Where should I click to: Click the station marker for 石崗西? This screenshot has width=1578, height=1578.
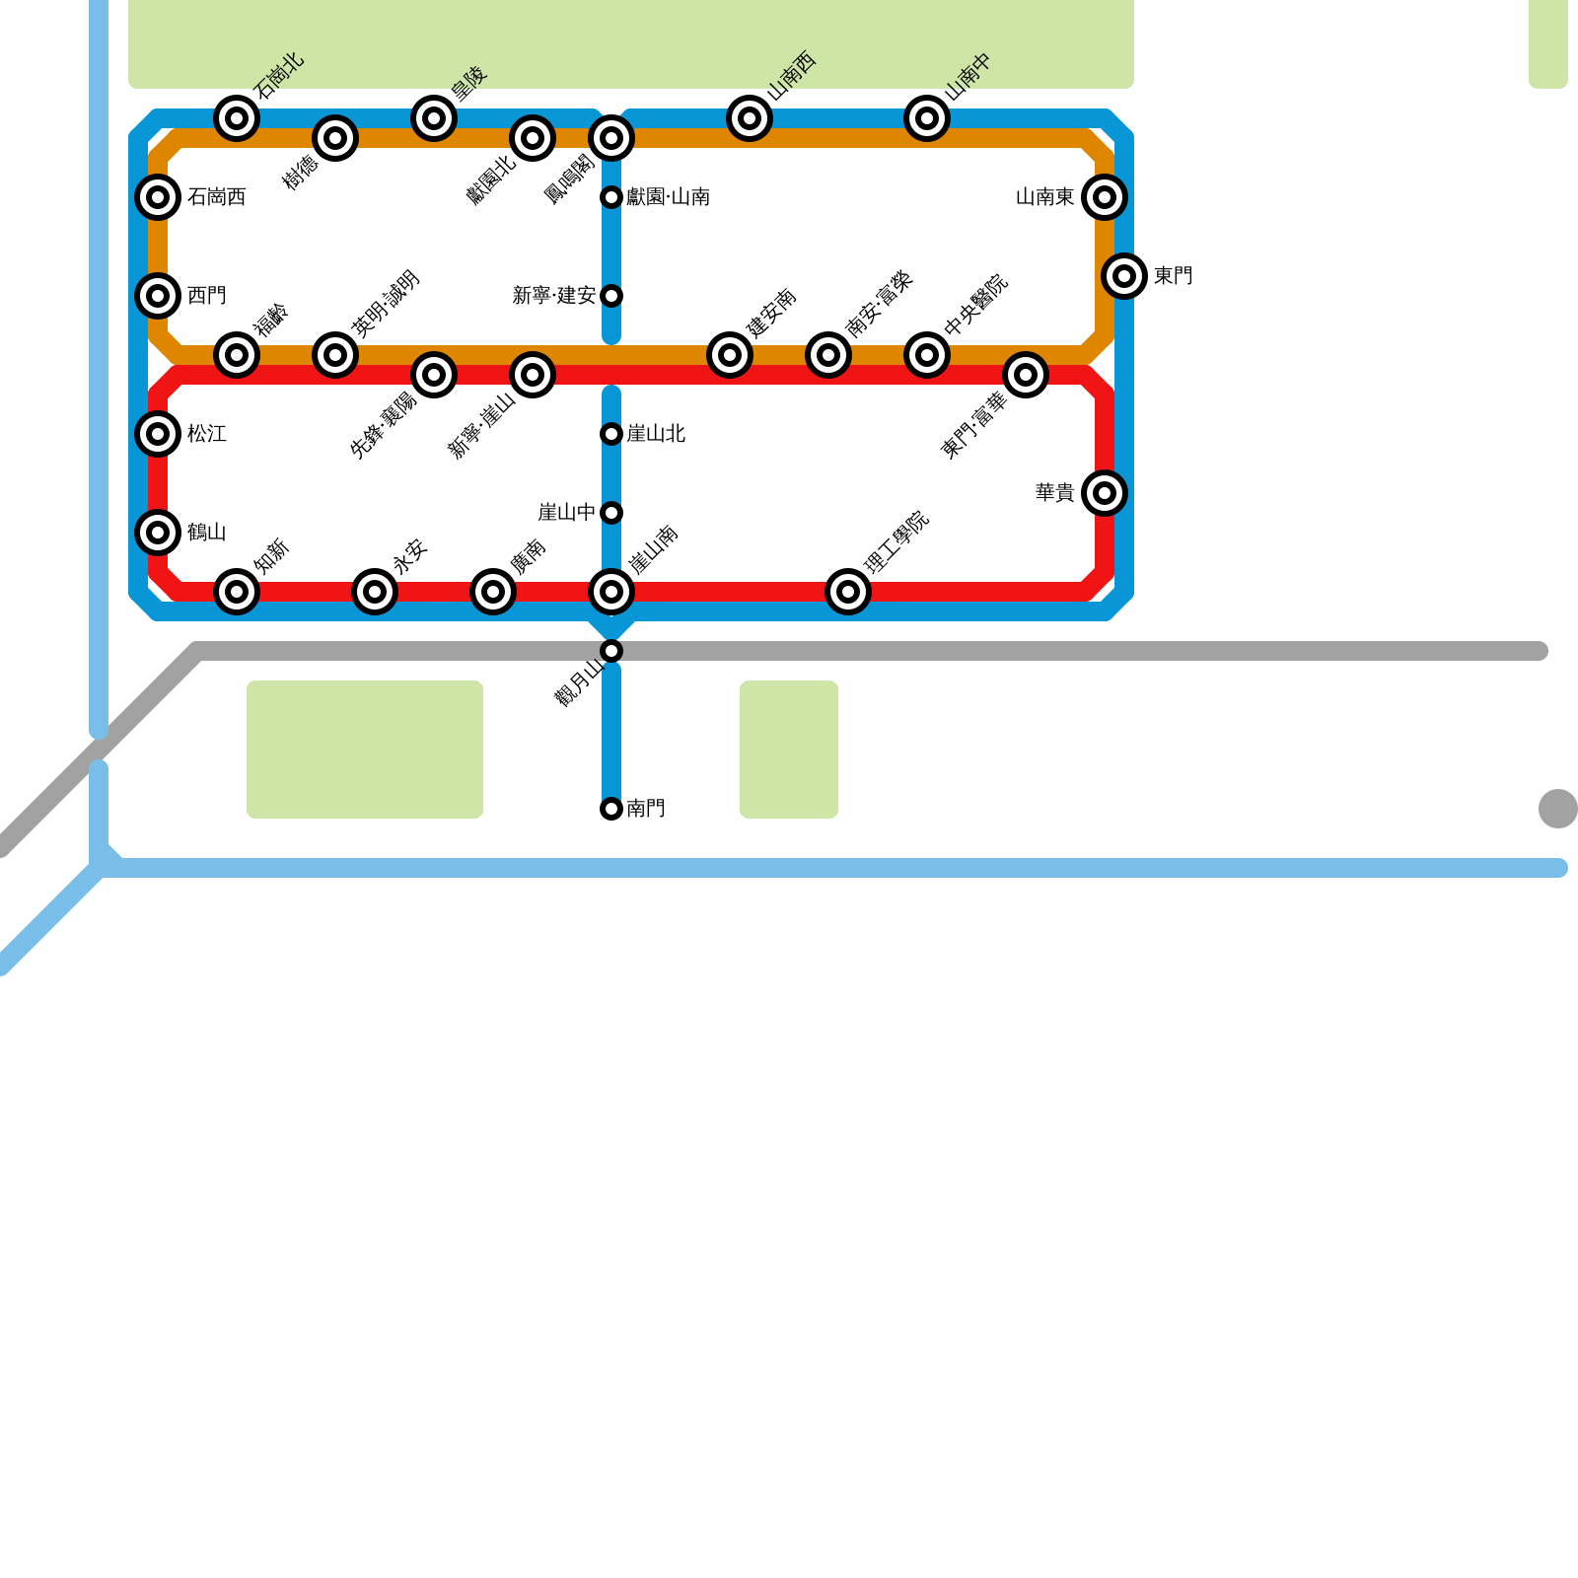tap(158, 197)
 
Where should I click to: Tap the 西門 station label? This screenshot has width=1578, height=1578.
tap(207, 296)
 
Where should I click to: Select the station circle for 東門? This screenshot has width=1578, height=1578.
tap(1124, 276)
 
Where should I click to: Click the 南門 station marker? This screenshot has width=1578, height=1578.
tap(611, 809)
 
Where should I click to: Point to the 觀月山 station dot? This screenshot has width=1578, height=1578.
tap(611, 651)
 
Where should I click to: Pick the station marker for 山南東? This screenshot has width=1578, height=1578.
tap(1105, 197)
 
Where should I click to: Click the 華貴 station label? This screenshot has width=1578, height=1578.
tap(1054, 493)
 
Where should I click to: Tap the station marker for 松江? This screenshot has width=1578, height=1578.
tap(158, 434)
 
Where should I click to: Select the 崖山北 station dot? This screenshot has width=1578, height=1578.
tap(611, 434)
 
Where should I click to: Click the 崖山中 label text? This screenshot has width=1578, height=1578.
tap(566, 513)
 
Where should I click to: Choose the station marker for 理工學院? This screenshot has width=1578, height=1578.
tap(848, 592)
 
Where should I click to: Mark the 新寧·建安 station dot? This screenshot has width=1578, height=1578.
tap(611, 296)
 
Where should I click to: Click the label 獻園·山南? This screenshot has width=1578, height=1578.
tap(668, 197)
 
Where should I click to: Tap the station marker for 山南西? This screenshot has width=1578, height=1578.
tap(750, 118)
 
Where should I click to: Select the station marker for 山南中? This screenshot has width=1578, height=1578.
tap(927, 118)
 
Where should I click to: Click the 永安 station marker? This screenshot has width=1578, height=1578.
tap(375, 592)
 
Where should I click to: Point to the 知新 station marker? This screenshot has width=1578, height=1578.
tap(237, 592)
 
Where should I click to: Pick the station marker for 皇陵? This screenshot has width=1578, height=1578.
tap(434, 118)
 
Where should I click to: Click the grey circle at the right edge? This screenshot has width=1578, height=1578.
tap(1557, 809)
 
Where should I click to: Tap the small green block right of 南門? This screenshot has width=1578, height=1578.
tap(789, 750)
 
